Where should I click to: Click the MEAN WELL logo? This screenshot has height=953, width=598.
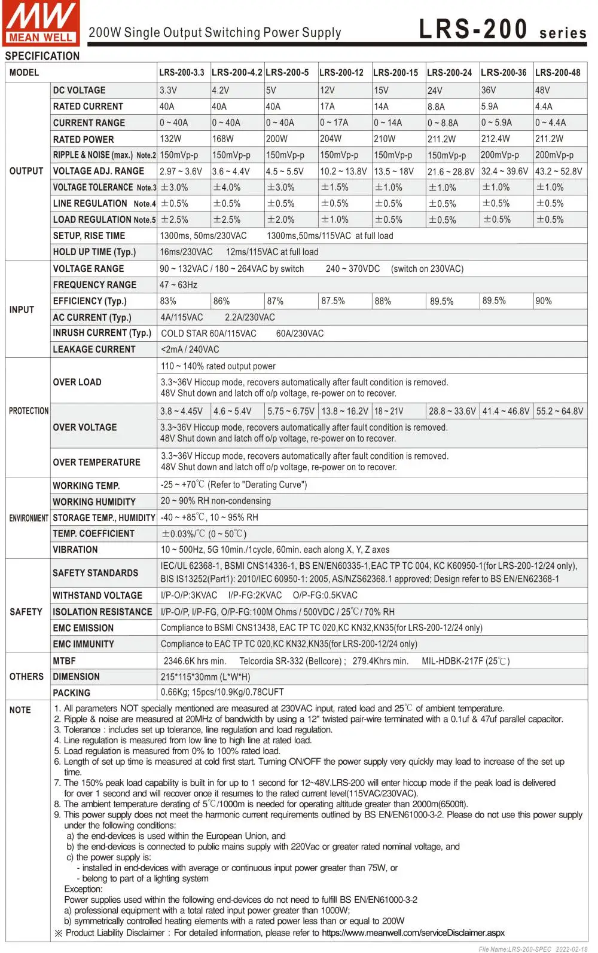[40, 23]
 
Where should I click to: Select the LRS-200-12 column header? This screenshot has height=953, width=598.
[341, 72]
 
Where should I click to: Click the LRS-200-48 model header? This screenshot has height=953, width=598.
[557, 72]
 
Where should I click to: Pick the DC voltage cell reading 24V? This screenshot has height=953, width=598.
[435, 90]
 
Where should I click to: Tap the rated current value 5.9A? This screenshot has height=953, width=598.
[489, 106]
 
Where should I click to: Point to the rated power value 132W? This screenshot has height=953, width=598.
[170, 139]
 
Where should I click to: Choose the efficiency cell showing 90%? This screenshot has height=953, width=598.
[544, 301]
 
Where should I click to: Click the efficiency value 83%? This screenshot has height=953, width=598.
[168, 301]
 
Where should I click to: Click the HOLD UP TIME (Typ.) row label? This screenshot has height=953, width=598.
[94, 252]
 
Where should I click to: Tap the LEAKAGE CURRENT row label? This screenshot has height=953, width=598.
[94, 350]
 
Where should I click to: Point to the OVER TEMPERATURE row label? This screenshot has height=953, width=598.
[96, 462]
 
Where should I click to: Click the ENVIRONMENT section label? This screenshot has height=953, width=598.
[28, 518]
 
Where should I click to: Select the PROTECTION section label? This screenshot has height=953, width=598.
[29, 411]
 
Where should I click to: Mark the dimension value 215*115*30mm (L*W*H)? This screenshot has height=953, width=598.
[205, 677]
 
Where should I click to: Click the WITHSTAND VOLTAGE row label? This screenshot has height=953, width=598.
[97, 596]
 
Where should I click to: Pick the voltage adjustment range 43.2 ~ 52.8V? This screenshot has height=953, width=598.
[559, 171]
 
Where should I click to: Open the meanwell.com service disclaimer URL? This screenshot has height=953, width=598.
[413, 933]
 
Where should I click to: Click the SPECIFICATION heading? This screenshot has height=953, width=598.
[42, 56]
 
